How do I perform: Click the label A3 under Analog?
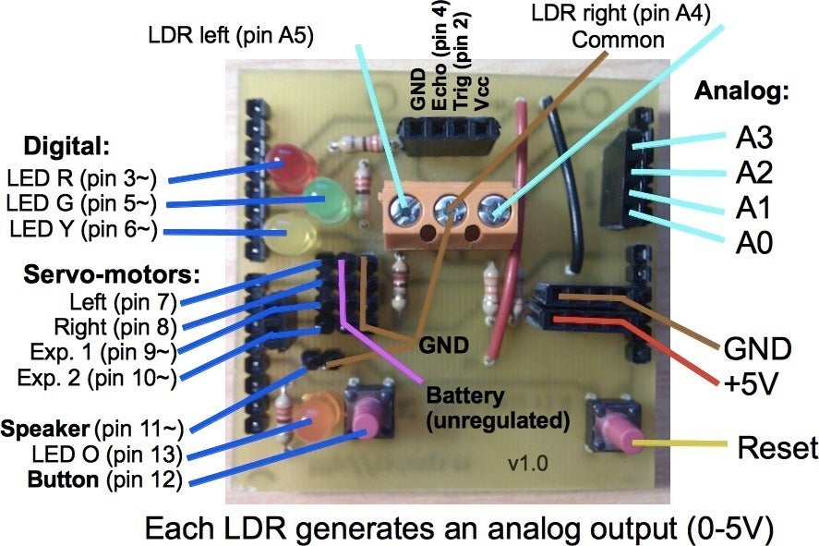[753, 138]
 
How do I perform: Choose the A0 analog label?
[753, 242]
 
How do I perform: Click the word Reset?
[777, 448]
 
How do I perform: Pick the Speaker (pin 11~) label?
[92, 429]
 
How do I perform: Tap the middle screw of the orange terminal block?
[451, 210]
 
